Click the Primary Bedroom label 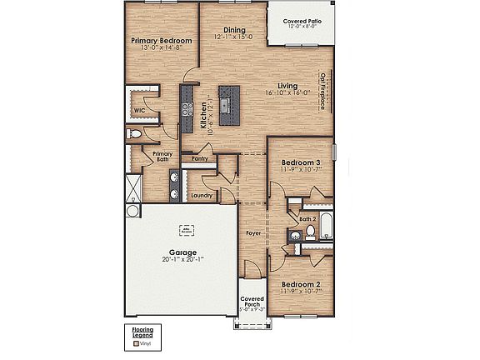[162, 40]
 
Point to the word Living [287, 85]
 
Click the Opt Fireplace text [322, 92]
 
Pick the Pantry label [199, 158]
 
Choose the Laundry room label [201, 195]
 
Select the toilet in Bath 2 [308, 232]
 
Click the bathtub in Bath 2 [326, 226]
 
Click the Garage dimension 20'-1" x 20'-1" [182, 259]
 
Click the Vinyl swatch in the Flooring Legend [137, 342]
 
